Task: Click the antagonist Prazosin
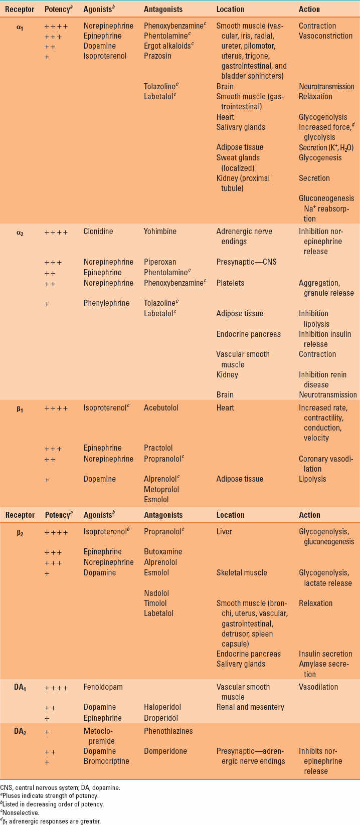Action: [x=157, y=56]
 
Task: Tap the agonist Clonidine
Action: [x=98, y=232]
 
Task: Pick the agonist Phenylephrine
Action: [x=106, y=303]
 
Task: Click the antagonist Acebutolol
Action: [x=161, y=408]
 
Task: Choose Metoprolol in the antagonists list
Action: [x=161, y=489]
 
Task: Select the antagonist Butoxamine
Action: [x=163, y=552]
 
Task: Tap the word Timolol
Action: [x=155, y=603]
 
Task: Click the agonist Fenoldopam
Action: [x=103, y=687]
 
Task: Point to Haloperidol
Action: [x=162, y=707]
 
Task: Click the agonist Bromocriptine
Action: [x=106, y=761]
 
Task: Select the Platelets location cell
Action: [x=230, y=283]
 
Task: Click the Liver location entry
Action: [x=224, y=531]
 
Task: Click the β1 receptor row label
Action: [x=20, y=409]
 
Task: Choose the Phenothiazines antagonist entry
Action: [x=168, y=731]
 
